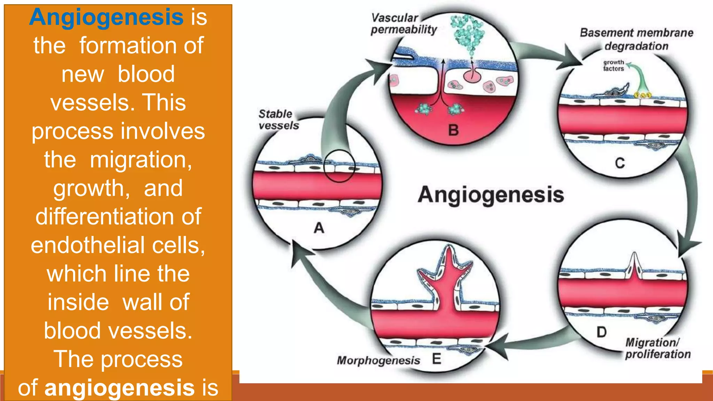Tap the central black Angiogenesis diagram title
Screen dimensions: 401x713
(x=491, y=195)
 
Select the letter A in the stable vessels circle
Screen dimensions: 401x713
(x=319, y=228)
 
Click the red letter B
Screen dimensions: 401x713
(x=453, y=130)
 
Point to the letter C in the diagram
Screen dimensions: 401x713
(x=620, y=163)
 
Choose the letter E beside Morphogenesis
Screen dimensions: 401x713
(x=437, y=359)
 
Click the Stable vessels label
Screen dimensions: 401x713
(x=279, y=119)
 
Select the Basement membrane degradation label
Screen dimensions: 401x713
(x=636, y=39)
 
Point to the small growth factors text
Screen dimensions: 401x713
(x=613, y=65)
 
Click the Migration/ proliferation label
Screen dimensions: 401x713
(x=657, y=348)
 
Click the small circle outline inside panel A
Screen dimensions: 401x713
(x=339, y=166)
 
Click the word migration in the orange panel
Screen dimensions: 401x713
(x=141, y=160)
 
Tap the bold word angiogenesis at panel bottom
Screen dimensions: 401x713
(x=119, y=387)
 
